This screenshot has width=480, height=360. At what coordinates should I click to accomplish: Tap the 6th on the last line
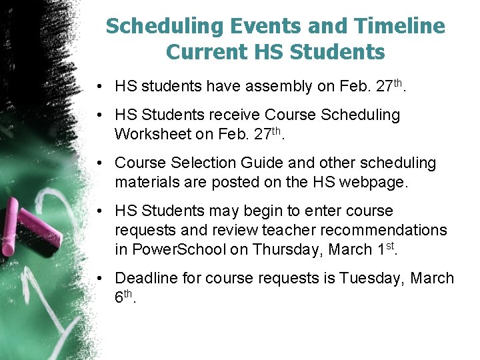click(x=124, y=297)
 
